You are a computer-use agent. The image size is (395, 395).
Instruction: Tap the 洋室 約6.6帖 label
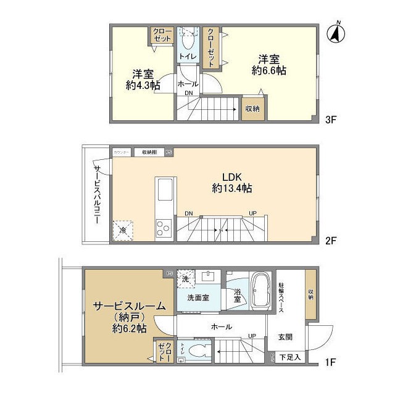pyautogui.click(x=269, y=65)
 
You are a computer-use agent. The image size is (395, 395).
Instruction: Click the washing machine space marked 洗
pyautogui.click(x=185, y=278)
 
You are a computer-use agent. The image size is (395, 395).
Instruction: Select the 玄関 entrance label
pyautogui.click(x=285, y=336)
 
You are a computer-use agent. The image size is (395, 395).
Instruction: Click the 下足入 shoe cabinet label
pyautogui.click(x=290, y=357)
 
